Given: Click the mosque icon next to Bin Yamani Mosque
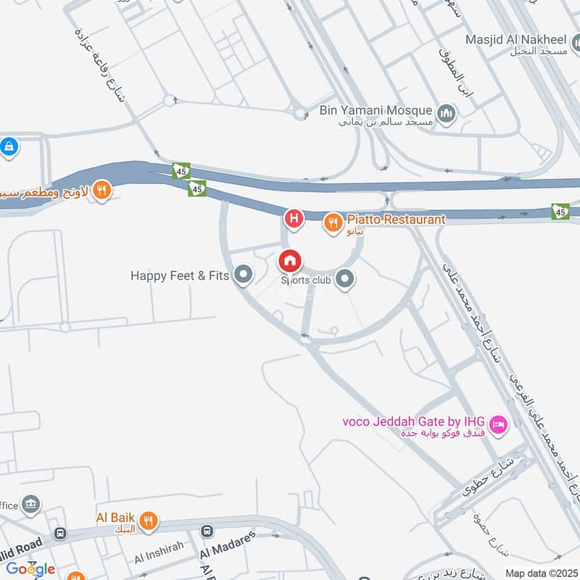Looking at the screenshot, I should coord(445,113).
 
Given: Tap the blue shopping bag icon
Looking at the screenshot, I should coord(9,147).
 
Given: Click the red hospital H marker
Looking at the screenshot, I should coord(294,217).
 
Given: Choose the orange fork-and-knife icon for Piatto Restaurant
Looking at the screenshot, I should coord(332,223).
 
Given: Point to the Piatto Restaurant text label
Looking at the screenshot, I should coord(396,219).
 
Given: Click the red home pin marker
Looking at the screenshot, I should coord(290,260).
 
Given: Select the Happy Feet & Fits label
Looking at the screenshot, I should coord(180,275).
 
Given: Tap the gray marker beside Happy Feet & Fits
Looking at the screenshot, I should coord(244,275).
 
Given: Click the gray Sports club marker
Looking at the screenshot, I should coord(346,278).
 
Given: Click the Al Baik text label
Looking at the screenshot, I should coord(116,518).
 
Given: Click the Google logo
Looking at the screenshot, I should coord(30,568).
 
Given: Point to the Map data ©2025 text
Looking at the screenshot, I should coord(539,573).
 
